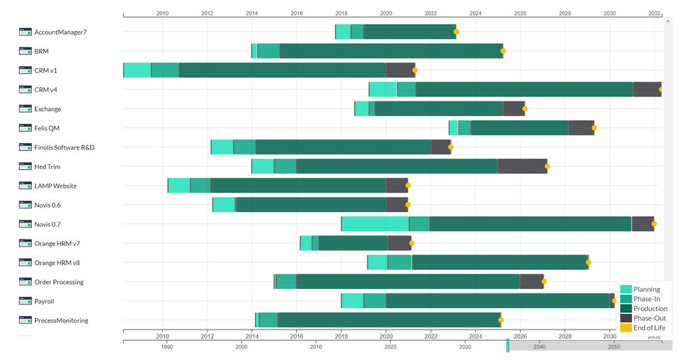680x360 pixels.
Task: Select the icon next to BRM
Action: click(x=25, y=51)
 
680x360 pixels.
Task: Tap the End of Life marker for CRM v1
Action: click(x=415, y=70)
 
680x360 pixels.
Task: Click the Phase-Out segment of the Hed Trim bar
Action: click(x=522, y=167)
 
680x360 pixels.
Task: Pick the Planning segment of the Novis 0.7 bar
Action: click(x=375, y=224)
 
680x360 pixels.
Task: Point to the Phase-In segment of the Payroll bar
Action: click(x=375, y=301)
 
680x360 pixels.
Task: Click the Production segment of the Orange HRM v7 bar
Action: click(x=353, y=243)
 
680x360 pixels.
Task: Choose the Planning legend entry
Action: click(x=646, y=289)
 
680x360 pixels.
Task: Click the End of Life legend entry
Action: click(x=649, y=327)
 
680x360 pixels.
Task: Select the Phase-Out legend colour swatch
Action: click(x=626, y=318)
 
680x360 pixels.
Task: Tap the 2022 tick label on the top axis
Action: click(x=431, y=13)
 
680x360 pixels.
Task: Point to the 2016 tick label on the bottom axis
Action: click(x=297, y=337)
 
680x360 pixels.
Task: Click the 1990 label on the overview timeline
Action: click(x=167, y=347)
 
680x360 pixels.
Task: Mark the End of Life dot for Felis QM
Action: click(x=594, y=128)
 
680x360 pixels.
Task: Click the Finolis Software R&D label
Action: click(x=64, y=147)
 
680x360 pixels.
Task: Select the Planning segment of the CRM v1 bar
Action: click(x=137, y=70)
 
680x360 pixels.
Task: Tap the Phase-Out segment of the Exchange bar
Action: click(x=514, y=108)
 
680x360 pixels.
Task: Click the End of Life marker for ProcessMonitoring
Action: click(x=501, y=320)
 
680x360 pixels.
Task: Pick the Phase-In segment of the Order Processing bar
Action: click(x=285, y=282)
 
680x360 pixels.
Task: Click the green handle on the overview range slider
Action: click(x=507, y=346)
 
